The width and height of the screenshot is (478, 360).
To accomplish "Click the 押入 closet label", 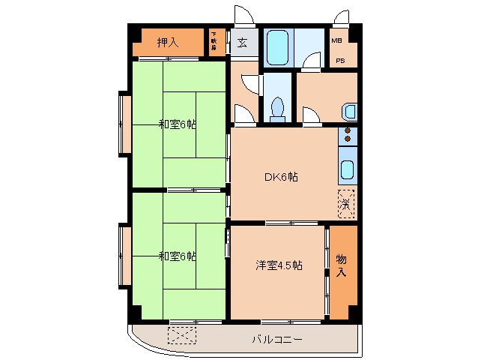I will [168, 43].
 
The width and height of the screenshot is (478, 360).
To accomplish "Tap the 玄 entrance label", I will [243, 43].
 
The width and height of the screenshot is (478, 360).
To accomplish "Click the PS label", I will [340, 61].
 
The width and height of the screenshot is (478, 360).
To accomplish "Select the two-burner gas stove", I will [348, 136].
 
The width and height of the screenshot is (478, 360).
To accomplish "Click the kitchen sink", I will [348, 169].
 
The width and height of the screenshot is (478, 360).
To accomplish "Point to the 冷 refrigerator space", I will [346, 202].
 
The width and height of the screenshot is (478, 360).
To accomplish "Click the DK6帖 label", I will [282, 178].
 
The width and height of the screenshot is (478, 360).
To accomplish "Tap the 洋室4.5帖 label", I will [278, 265].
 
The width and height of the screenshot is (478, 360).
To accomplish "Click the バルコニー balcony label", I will [276, 340].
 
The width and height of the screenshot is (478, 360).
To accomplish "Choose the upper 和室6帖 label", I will [177, 124].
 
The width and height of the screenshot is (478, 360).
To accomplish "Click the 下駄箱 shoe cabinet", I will [214, 42].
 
